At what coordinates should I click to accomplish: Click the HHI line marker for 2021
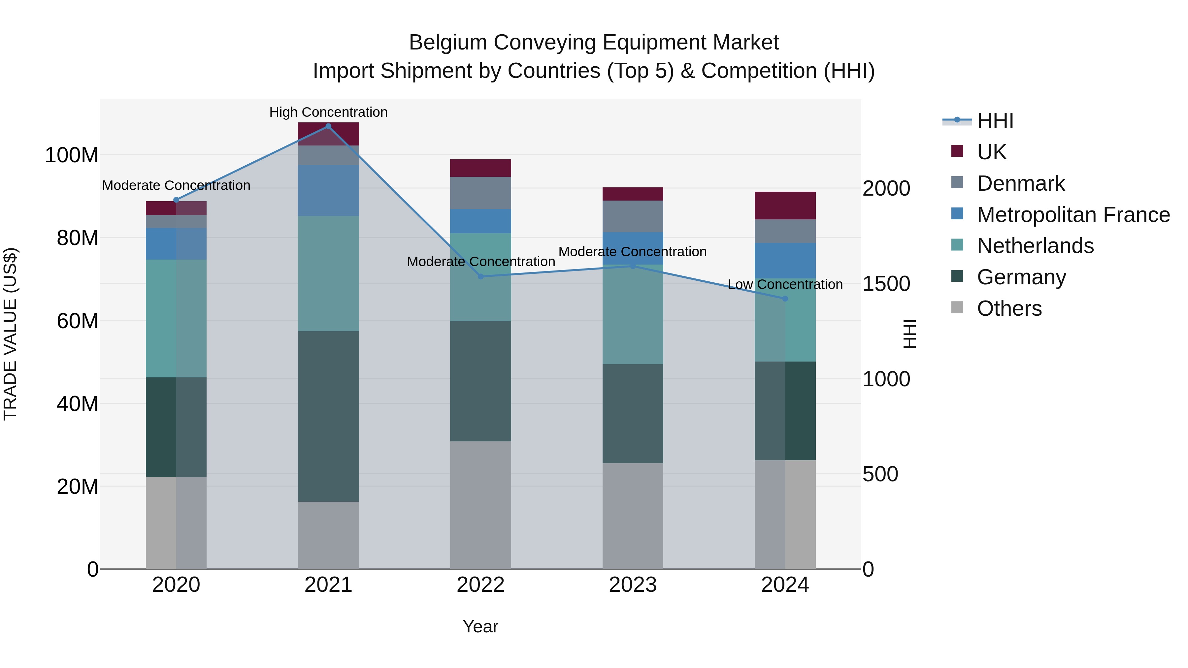(x=328, y=126)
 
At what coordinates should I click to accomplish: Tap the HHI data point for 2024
(x=785, y=299)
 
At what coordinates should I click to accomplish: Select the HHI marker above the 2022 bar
(x=480, y=277)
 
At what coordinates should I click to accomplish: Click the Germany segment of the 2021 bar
(x=328, y=416)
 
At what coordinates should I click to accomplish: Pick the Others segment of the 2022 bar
(x=480, y=505)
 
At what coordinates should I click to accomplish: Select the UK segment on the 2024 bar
(x=785, y=206)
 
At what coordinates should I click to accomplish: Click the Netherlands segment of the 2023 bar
(x=633, y=314)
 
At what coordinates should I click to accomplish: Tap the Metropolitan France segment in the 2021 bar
(x=328, y=190)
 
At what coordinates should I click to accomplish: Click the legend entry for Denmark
(x=1021, y=183)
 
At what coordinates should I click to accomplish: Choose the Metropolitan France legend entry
(x=1073, y=215)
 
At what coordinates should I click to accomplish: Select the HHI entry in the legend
(x=995, y=121)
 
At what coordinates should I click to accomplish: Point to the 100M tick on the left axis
(x=72, y=155)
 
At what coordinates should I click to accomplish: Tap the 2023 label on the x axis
(x=633, y=585)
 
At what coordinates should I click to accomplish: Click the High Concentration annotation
(x=328, y=112)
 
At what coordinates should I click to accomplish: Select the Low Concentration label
(x=785, y=284)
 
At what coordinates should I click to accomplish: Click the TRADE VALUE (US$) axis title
(x=10, y=334)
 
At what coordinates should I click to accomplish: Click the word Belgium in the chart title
(x=448, y=43)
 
